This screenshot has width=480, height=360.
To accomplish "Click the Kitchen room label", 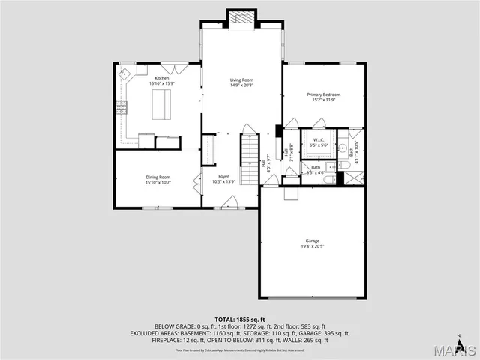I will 162,78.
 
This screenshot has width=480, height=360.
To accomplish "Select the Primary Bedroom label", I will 324,94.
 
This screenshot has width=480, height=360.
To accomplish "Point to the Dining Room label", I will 158,177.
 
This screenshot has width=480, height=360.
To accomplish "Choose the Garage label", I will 312,241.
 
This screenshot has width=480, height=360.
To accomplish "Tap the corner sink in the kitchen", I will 124,74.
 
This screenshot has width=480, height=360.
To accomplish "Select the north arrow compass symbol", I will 459,337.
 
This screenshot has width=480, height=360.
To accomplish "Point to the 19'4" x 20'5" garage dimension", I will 312,246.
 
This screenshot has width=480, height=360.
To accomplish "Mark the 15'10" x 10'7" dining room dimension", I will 158,182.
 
